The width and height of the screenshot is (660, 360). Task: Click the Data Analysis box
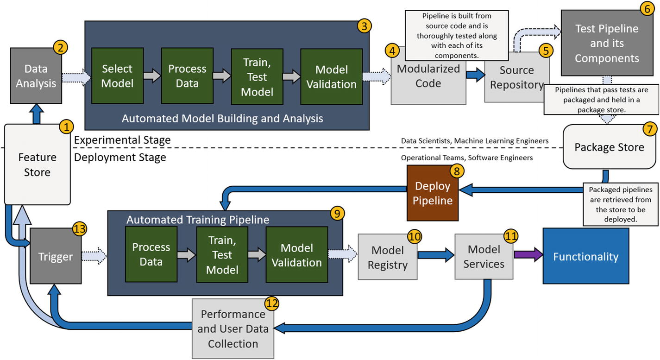pyautogui.click(x=36, y=76)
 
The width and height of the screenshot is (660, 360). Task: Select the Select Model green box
pyautogui.click(x=117, y=76)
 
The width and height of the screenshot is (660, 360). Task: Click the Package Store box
pyautogui.click(x=609, y=147)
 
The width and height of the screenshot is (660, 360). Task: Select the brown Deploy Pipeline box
pyautogui.click(x=433, y=193)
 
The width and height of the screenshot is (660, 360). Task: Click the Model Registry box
pyautogui.click(x=388, y=258)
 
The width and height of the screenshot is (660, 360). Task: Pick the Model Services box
pyautogui.click(x=484, y=257)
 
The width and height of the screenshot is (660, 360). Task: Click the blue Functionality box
pyautogui.click(x=585, y=256)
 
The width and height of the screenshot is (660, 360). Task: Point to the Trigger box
pyautogui.click(x=56, y=256)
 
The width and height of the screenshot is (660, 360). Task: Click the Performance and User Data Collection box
pyautogui.click(x=233, y=329)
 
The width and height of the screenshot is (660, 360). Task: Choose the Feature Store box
pyautogui.click(x=37, y=164)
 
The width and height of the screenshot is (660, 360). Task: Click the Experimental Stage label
pyautogui.click(x=122, y=139)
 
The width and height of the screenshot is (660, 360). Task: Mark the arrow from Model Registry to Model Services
pyautogui.click(x=435, y=254)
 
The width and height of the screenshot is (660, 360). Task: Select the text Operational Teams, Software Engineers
pyautogui.click(x=467, y=158)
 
